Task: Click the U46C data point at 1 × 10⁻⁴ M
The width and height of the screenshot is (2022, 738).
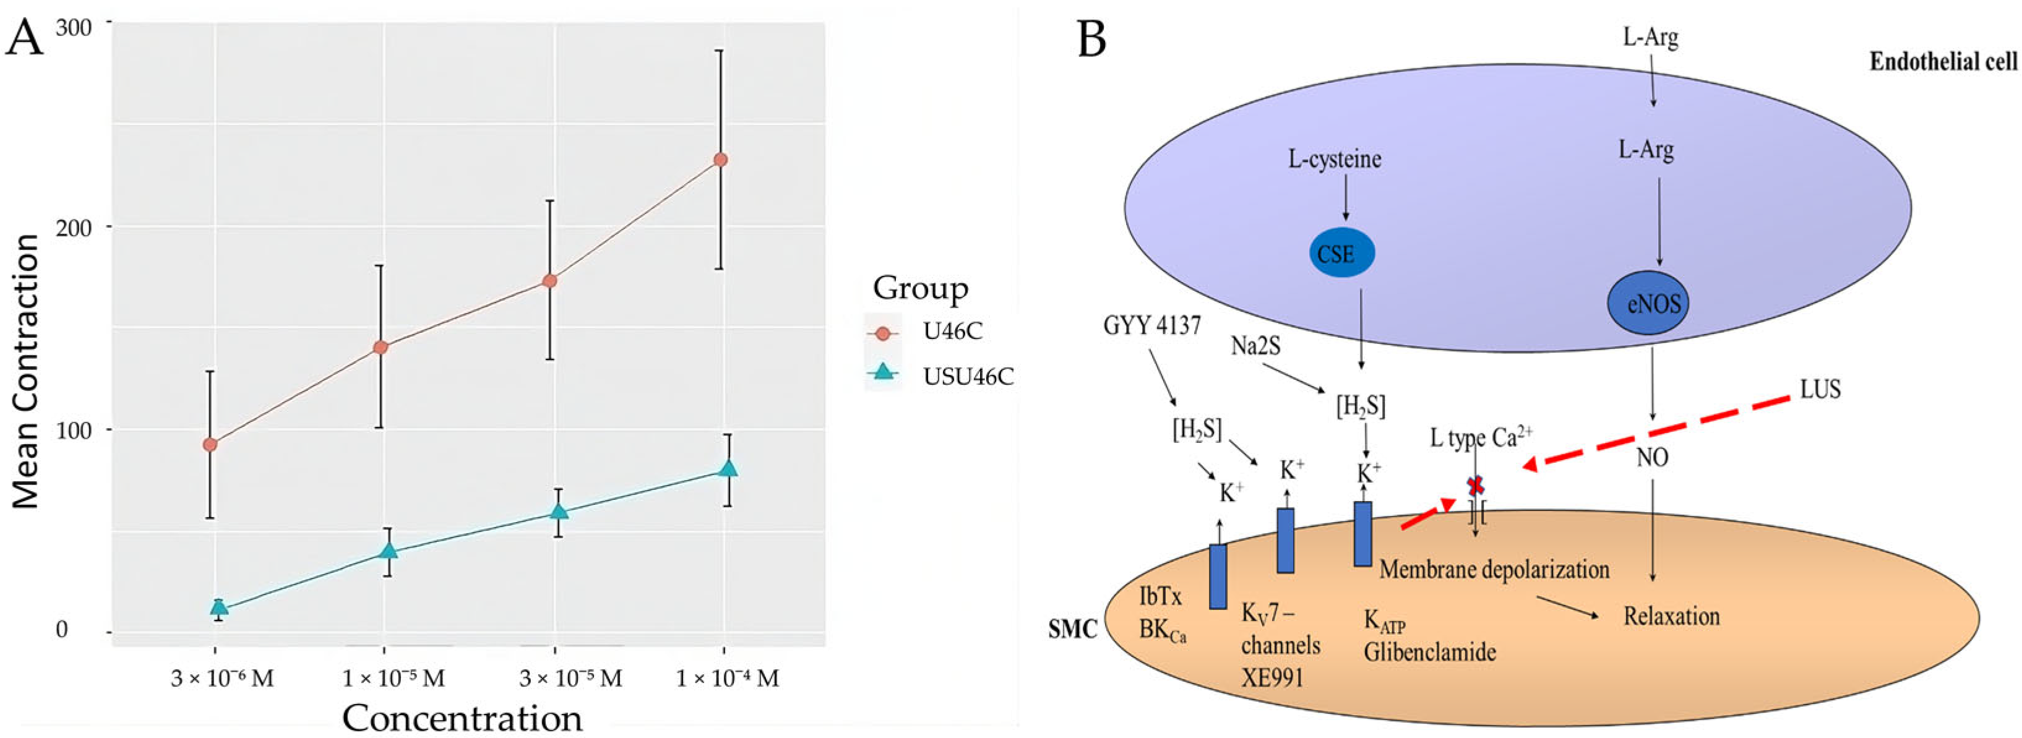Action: (x=720, y=160)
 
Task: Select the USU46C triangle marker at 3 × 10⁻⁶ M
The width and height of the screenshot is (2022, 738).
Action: (x=219, y=607)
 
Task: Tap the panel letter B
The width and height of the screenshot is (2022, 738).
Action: (x=1092, y=39)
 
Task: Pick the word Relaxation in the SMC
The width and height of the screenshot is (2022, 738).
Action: (x=1671, y=616)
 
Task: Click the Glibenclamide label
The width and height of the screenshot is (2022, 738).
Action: (x=1429, y=651)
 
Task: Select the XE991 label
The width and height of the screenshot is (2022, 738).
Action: (x=1271, y=677)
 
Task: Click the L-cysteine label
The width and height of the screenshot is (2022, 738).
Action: (x=1335, y=160)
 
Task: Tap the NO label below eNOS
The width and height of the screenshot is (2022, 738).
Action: (x=1652, y=458)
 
